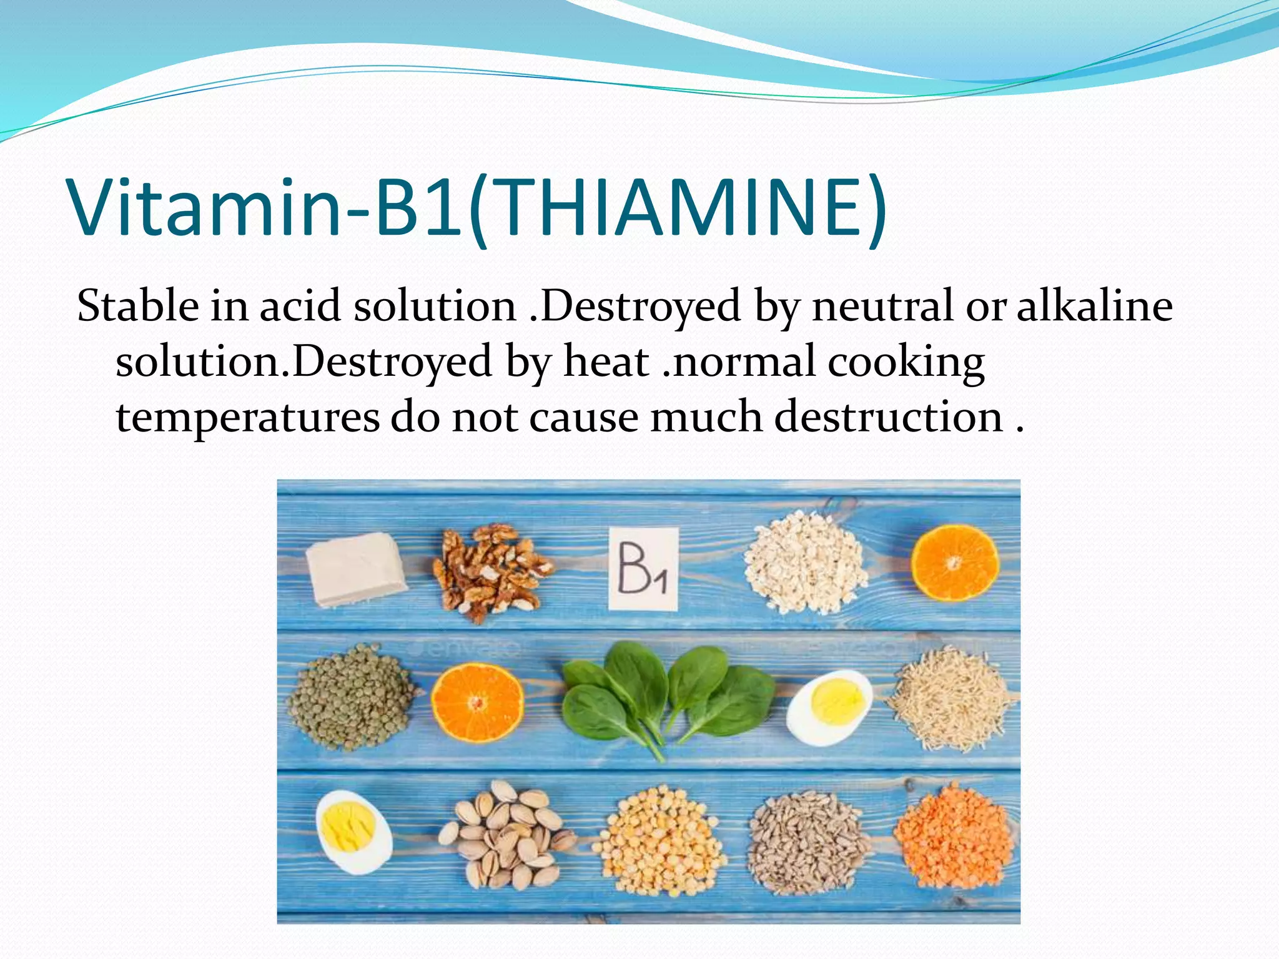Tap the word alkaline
(1094, 307)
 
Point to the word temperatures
(247, 417)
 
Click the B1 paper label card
(643, 569)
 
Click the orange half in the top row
(954, 563)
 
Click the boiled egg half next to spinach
(829, 707)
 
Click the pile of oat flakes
(805, 563)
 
